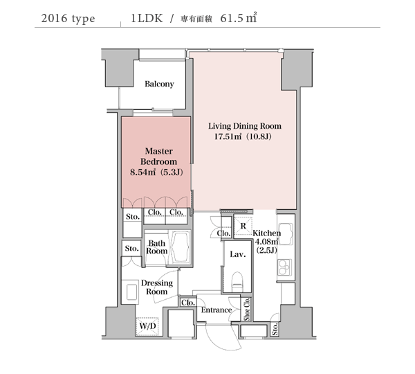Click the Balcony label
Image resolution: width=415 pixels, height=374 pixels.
(159, 84)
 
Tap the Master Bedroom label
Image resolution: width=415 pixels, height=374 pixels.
(158, 157)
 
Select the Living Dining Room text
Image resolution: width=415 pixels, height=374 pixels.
(245, 126)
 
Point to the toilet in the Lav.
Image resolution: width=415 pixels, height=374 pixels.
(237, 281)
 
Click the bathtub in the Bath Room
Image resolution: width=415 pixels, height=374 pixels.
(181, 247)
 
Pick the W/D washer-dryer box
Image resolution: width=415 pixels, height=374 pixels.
(147, 327)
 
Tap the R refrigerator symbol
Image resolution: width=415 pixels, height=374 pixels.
(243, 226)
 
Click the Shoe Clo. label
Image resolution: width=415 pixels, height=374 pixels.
(247, 309)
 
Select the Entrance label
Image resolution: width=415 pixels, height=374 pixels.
(216, 310)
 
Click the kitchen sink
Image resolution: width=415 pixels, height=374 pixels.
(286, 234)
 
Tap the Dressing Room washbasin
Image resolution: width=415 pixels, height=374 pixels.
(132, 292)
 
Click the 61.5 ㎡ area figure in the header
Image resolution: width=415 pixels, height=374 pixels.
(238, 18)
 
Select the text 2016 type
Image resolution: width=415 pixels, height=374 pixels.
(68, 19)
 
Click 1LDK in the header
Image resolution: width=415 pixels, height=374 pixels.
(147, 18)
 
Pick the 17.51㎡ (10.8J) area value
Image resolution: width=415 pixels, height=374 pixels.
(243, 136)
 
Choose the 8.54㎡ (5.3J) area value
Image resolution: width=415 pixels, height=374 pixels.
(156, 172)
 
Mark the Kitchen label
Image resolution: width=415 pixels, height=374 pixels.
(266, 233)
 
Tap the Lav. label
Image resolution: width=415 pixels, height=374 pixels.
(238, 254)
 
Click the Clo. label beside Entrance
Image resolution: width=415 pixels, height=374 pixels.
(188, 303)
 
